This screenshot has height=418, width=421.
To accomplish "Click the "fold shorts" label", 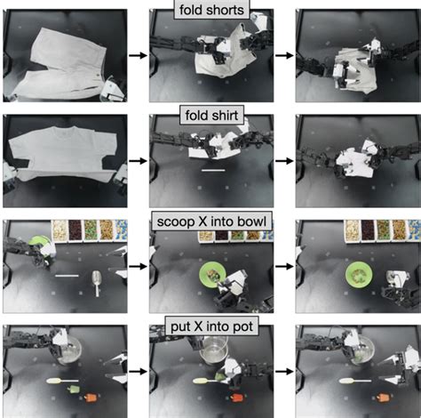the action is (x=211, y=10).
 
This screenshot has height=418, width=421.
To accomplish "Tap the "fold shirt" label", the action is (x=211, y=115).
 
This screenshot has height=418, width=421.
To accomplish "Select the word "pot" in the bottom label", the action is (x=242, y=326).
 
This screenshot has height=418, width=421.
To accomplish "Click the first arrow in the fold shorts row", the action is (x=138, y=55).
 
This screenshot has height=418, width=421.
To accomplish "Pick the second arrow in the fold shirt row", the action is (x=284, y=161).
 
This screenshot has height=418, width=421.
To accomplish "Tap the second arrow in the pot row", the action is (x=284, y=371).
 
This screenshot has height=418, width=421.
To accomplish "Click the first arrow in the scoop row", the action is (x=138, y=266).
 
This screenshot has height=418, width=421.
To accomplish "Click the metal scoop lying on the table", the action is (x=98, y=282).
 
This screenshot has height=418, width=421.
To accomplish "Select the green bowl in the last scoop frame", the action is (x=359, y=275).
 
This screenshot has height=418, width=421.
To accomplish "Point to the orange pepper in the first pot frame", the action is (x=90, y=398).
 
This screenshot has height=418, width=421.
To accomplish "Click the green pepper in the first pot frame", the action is (x=73, y=389).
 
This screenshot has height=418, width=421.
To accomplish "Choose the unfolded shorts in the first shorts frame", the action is (x=60, y=64).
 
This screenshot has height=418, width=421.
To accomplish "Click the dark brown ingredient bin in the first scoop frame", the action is (x=75, y=230).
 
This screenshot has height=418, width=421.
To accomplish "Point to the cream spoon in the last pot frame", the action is (x=354, y=381).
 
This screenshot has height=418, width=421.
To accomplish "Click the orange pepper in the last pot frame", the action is (x=383, y=398).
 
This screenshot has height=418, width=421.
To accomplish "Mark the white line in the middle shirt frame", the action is (x=213, y=170).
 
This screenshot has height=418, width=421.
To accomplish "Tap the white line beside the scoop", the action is (x=67, y=276).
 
